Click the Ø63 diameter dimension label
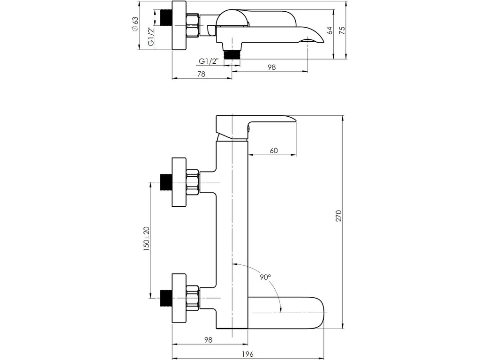135,24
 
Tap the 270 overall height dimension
338,216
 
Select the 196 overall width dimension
247,354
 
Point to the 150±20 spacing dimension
147,239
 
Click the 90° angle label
265,277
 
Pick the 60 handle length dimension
274,150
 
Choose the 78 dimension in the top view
202,74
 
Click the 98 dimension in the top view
272,67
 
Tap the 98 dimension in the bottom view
208,340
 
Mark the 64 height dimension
330,30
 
